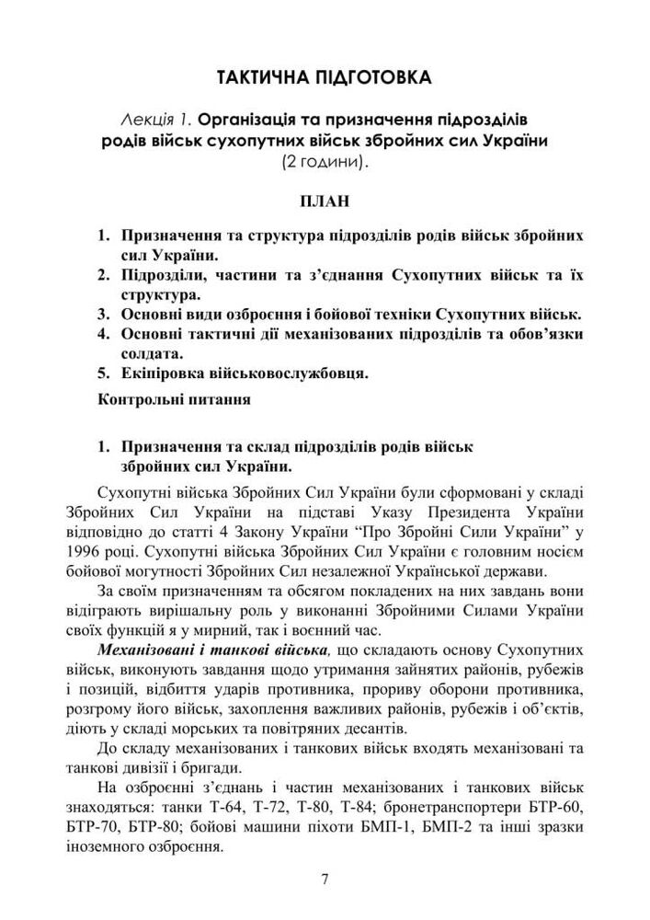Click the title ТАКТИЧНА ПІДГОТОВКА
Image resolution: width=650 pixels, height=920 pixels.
pyautogui.click(x=325, y=76)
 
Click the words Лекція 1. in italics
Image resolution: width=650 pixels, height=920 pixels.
pyautogui.click(x=157, y=121)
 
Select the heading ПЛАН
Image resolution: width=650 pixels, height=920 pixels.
pyautogui.click(x=325, y=201)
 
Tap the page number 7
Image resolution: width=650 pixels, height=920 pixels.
pyautogui.click(x=325, y=879)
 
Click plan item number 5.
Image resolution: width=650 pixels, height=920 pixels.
pyautogui.click(x=103, y=374)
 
